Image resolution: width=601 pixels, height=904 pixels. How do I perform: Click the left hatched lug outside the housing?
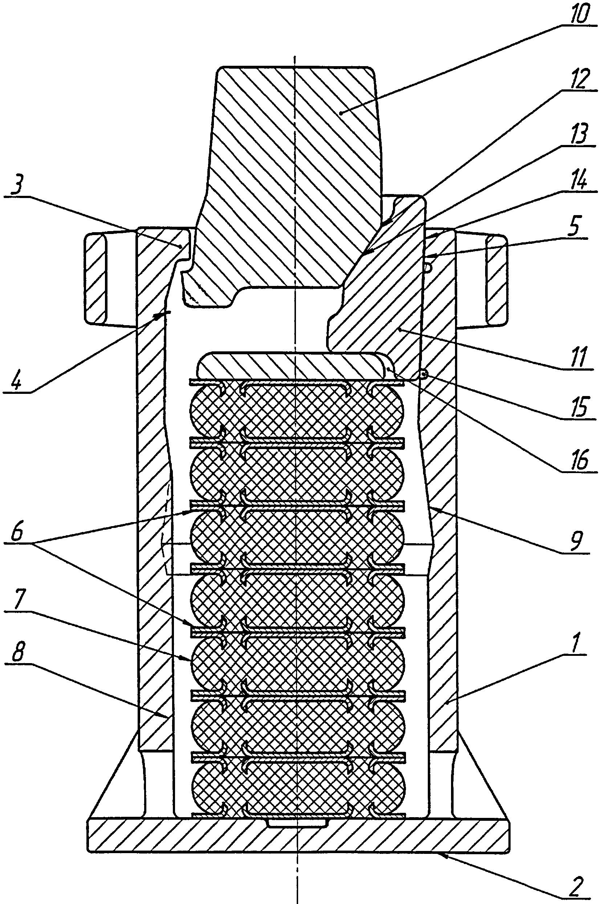[95, 278]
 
